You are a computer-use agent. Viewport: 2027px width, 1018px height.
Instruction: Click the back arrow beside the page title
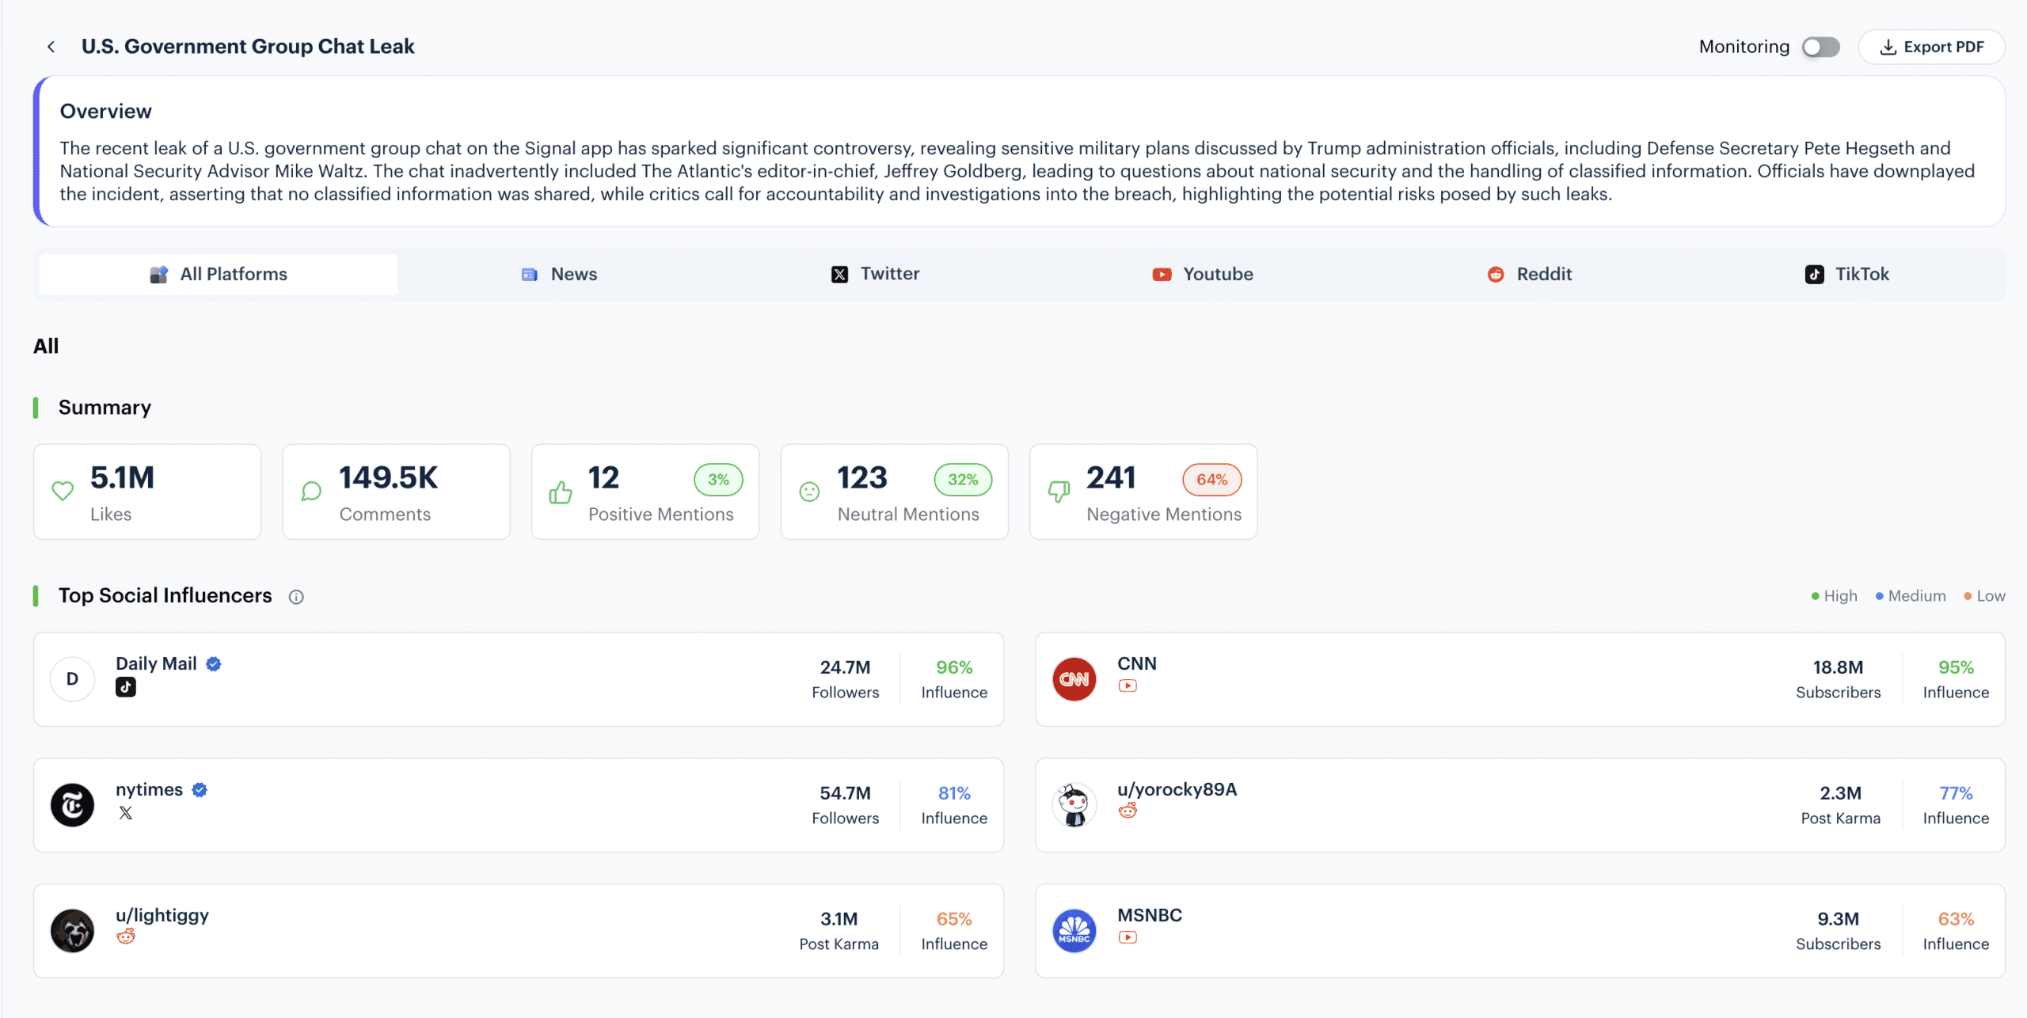[x=51, y=47]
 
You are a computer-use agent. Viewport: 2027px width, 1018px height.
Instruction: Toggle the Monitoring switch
[x=1820, y=47]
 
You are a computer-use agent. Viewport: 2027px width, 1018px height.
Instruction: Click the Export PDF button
[x=1931, y=47]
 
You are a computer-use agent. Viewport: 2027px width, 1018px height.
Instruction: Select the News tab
[x=559, y=274]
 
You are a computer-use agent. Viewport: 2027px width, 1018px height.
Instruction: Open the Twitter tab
[x=875, y=274]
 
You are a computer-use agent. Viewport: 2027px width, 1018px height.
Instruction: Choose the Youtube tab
[x=1202, y=274]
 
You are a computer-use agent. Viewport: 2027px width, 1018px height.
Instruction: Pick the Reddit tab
[x=1529, y=274]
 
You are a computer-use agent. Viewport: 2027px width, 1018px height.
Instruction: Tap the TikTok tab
[x=1846, y=274]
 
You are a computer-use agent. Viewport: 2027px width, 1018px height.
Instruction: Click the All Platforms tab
[x=219, y=274]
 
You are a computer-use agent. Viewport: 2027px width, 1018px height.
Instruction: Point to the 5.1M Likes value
[x=122, y=478]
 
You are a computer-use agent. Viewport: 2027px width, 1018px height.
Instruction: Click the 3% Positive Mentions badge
[x=718, y=480]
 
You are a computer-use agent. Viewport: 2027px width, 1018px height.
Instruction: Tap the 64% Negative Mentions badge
[x=1211, y=480]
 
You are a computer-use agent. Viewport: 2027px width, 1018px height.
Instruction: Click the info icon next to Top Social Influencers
[x=296, y=597]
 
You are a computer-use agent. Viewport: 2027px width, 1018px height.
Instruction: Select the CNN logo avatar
[x=1074, y=679]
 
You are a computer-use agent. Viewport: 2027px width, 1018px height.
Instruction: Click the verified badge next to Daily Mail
[x=214, y=664]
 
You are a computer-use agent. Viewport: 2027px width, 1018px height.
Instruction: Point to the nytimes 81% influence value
[x=954, y=793]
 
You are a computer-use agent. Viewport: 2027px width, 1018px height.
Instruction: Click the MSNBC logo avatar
[x=1074, y=931]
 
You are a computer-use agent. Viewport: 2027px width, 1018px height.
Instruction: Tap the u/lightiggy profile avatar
[x=72, y=931]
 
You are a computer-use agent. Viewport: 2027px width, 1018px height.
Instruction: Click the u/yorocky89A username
[x=1177, y=789]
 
